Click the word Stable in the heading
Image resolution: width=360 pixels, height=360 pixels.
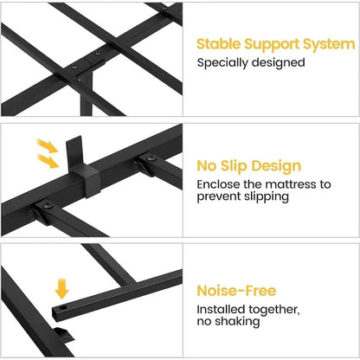pyautogui.click(x=218, y=44)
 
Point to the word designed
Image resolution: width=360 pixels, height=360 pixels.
pyautogui.click(x=279, y=63)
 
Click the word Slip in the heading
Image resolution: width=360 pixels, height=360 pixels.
pyautogui.click(x=233, y=166)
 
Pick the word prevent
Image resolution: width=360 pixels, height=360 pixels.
pyautogui.click(x=219, y=197)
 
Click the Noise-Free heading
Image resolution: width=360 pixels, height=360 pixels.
pyautogui.click(x=236, y=291)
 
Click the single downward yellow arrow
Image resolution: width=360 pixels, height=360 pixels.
pyautogui.click(x=61, y=288)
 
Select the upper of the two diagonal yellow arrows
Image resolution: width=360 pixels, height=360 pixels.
pyautogui.click(x=48, y=145)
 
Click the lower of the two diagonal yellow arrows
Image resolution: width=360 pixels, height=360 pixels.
pyautogui.click(x=48, y=161)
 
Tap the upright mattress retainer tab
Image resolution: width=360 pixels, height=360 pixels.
pyautogui.click(x=74, y=152)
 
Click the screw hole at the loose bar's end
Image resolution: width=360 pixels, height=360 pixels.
pyautogui.click(x=63, y=307)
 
